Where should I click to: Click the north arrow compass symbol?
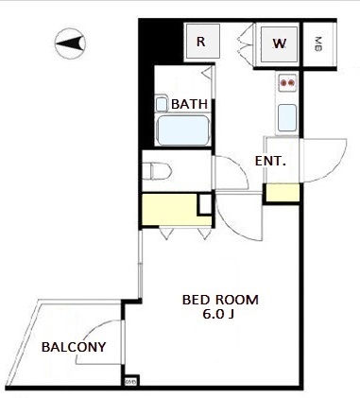coord(70,43)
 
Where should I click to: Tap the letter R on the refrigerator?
coord(201,42)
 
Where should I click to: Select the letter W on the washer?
coord(280,43)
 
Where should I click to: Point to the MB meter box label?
coord(318,44)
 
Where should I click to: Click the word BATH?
coord(189,104)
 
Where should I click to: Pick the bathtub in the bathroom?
coord(183,130)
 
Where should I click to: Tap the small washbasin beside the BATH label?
coord(162,104)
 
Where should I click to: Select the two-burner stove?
coord(288,83)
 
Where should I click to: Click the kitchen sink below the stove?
coord(287,118)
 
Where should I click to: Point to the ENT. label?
coord(270,162)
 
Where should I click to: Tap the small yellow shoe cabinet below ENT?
coord(283,193)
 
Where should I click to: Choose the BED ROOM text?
coord(220,300)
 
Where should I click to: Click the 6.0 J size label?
coord(218,315)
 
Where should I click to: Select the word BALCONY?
coord(74,347)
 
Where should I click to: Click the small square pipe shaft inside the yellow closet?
coord(205,204)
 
